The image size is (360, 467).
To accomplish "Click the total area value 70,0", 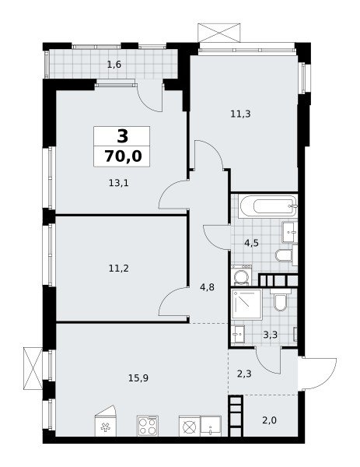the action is (123, 156).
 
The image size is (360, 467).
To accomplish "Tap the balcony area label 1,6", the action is (114, 65).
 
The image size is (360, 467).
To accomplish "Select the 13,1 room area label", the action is (118, 183).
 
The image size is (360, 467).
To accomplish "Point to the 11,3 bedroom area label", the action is (240, 114).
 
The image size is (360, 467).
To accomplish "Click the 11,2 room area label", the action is (119, 269).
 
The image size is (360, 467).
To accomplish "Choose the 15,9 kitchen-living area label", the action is (138, 378).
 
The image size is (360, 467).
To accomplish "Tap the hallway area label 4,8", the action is (208, 287).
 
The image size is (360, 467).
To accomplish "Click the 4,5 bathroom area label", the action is (251, 243).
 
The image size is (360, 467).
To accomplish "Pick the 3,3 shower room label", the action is (270, 335).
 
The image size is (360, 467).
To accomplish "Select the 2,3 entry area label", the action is (244, 374).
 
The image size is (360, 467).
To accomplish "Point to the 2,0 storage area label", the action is (270, 420).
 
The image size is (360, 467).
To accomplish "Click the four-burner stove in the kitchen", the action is (148, 427).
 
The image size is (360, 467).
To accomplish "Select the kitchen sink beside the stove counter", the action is (211, 427).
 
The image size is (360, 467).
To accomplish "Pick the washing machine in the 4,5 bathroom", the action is (242, 276).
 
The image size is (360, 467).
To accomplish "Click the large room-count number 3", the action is (123, 136).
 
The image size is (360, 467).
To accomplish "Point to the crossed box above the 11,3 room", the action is (219, 32).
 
